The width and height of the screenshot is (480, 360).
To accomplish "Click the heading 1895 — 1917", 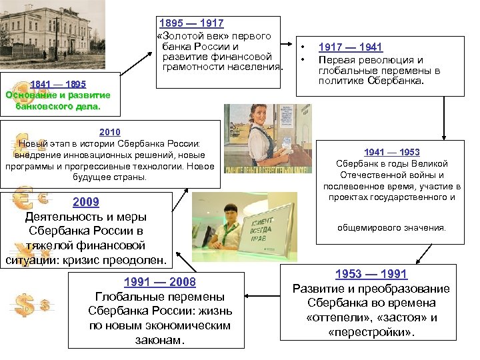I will [x=191, y=24].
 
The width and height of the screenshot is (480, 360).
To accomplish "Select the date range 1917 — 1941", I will [x=350, y=47].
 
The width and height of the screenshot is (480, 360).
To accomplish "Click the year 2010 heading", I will [x=110, y=132].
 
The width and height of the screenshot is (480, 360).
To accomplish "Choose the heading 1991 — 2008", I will [x=159, y=282].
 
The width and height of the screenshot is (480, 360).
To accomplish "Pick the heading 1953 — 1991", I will [x=371, y=274].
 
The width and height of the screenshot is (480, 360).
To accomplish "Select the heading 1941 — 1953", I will [x=391, y=152].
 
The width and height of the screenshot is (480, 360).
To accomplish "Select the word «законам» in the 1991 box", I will [x=159, y=340].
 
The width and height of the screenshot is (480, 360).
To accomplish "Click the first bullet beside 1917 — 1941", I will [x=303, y=48].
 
